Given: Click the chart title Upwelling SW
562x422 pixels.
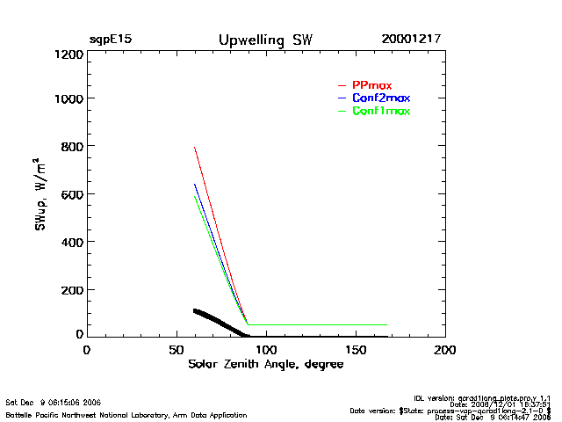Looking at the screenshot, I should [264, 40].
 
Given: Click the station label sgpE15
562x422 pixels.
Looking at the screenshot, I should [110, 40].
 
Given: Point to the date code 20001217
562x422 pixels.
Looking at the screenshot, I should [411, 40].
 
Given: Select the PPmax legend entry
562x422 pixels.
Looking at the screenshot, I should [371, 84].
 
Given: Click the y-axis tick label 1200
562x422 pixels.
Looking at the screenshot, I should [68, 55].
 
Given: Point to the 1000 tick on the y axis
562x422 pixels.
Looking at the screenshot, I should [68, 98].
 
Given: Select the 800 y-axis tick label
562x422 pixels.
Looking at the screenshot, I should [71, 146].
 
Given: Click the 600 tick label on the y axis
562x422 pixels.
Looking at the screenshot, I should [71, 194].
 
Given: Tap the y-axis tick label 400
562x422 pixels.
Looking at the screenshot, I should [71, 242].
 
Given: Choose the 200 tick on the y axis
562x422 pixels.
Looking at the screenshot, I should [71, 289].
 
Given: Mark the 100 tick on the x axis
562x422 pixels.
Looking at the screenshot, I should [266, 350].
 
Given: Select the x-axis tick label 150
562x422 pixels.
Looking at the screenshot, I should [356, 350].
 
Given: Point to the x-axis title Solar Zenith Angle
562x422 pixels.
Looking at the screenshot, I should [265, 364].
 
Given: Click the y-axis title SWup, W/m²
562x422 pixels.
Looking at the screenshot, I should [41, 195].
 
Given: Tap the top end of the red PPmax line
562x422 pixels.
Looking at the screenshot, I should [194, 148].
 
